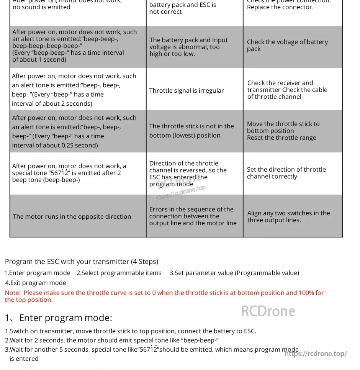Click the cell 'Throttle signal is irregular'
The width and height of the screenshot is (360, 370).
[x=187, y=91]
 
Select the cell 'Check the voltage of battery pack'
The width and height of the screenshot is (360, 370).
[x=287, y=45]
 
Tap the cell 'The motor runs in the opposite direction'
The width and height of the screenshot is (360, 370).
[x=72, y=216]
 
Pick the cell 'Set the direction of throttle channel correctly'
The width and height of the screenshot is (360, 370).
[x=286, y=173]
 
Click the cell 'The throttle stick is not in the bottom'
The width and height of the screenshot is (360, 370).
[x=191, y=131]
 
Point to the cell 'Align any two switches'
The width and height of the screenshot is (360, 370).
[x=288, y=216]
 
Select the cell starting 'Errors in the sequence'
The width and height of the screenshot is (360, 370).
[x=193, y=216]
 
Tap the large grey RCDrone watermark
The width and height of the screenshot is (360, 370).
[x=268, y=311]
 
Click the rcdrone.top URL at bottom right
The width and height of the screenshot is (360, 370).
[x=316, y=354]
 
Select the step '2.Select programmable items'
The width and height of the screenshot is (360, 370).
[x=119, y=273]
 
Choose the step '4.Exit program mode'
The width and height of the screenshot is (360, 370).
[x=36, y=283]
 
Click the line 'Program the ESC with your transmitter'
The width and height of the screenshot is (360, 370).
[x=82, y=262]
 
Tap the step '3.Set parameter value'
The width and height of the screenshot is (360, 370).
[x=234, y=273]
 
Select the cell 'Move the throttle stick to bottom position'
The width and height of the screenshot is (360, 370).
[x=283, y=131]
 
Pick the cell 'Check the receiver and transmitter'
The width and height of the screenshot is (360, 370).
[x=287, y=90]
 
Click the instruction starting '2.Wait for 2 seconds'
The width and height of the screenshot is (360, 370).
[x=112, y=340]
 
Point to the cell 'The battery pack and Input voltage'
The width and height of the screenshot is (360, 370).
[x=188, y=47]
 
